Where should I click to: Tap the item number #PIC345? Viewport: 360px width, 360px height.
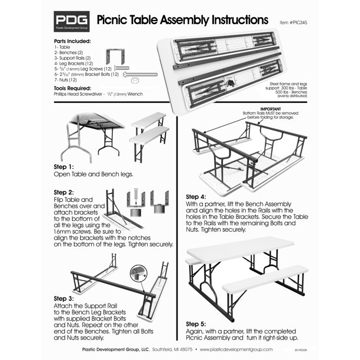298,22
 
